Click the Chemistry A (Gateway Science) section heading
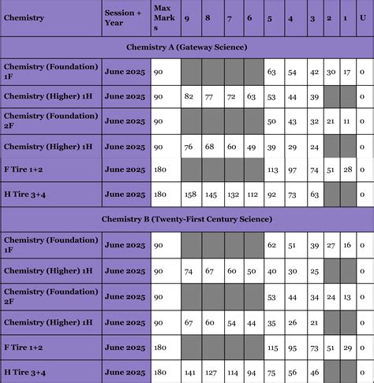186,47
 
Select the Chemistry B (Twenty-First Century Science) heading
186,218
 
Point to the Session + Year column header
124,17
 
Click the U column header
362,17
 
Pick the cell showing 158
190,194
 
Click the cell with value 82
189,96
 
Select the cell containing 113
273,169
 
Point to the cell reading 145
211,194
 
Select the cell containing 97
293,169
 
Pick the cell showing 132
231,194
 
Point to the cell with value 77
211,96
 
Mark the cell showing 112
251,194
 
